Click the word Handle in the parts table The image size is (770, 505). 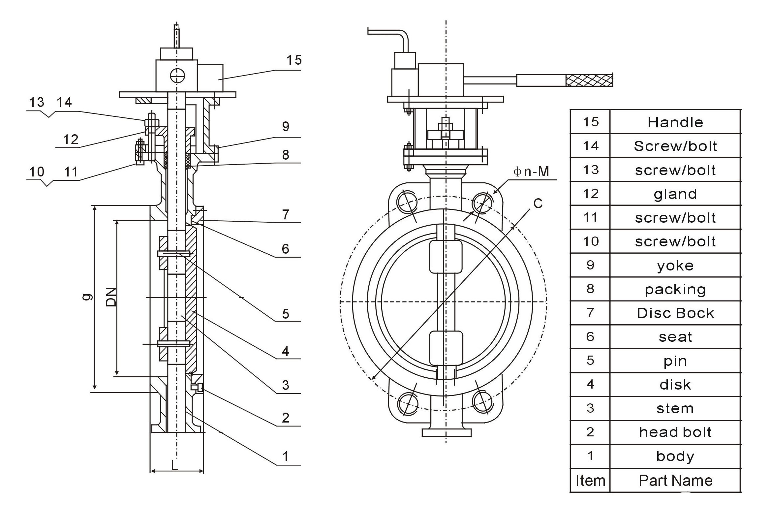point(675,122)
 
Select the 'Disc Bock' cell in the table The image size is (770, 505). point(675,313)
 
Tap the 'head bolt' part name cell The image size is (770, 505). point(675,432)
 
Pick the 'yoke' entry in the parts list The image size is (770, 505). point(675,266)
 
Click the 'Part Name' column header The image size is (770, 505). point(675,481)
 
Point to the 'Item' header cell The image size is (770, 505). point(590,481)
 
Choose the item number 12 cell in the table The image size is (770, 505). point(590,194)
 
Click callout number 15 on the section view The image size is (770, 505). point(294,60)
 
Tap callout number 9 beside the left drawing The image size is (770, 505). point(286,126)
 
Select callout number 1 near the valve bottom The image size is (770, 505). point(286,457)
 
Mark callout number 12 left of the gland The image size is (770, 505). point(71,140)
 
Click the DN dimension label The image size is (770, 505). point(111,297)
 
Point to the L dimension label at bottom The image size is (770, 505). point(174,465)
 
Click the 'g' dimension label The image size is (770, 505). point(87,297)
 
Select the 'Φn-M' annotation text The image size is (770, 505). point(531,172)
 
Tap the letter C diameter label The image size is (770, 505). point(538,204)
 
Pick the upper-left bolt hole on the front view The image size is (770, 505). point(407,202)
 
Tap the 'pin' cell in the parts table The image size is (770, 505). point(675,361)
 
